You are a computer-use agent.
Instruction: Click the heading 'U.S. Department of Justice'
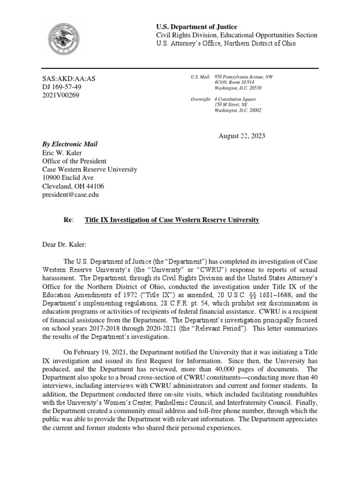(x=196, y=27)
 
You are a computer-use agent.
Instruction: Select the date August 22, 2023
(x=242, y=136)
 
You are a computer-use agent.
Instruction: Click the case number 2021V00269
(x=61, y=96)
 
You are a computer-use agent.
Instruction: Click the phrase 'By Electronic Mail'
(x=70, y=144)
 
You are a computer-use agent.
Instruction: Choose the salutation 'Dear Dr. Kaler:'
(x=66, y=244)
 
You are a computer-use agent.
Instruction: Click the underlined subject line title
(x=172, y=220)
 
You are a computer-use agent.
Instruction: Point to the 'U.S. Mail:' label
(x=200, y=76)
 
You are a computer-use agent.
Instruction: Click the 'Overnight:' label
(x=201, y=99)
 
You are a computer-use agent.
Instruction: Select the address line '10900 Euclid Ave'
(x=68, y=178)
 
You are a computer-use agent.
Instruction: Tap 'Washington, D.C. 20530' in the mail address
(x=238, y=88)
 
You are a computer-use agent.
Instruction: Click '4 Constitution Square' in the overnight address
(x=235, y=99)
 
